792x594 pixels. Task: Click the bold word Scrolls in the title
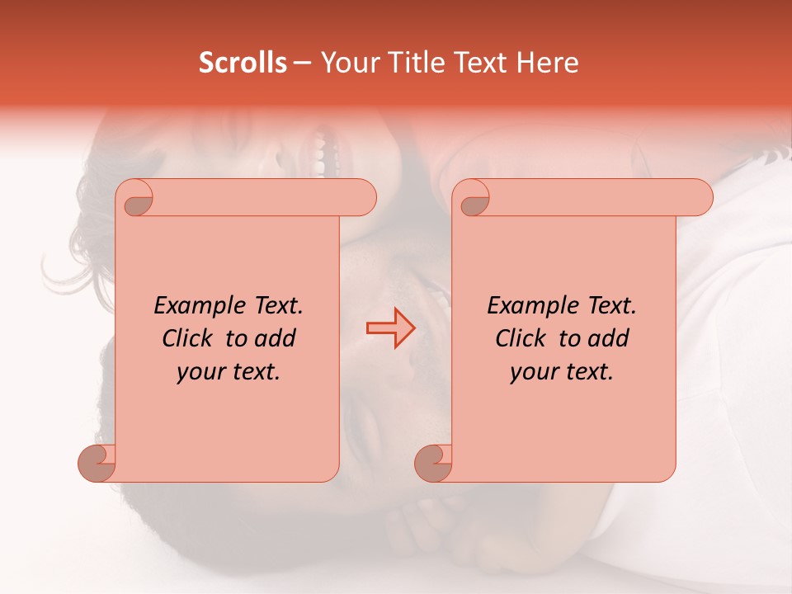point(243,63)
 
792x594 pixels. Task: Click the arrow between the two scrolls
point(391,328)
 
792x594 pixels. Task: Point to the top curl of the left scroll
point(135,198)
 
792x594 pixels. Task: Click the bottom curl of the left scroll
point(97,463)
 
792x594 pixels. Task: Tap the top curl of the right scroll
point(473,198)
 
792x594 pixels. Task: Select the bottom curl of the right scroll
point(434,463)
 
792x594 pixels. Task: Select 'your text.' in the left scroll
point(229,372)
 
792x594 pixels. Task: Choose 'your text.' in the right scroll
point(562,372)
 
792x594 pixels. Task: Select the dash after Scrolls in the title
point(303,63)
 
